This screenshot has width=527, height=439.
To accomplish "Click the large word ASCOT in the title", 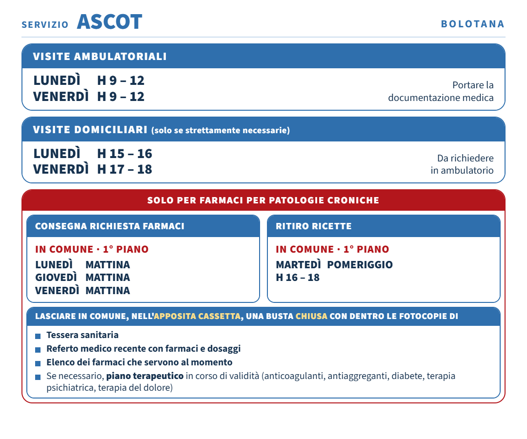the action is click(110, 22).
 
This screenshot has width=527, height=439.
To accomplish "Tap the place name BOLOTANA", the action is click(472, 24).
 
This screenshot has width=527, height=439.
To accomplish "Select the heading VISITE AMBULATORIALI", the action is click(100, 56).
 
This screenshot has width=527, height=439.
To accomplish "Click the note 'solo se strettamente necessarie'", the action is click(221, 130).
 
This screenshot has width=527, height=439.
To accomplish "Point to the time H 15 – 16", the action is click(125, 154).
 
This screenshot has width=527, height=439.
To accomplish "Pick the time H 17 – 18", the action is click(125, 169).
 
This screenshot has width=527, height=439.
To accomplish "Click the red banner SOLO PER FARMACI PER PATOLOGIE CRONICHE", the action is click(263, 200).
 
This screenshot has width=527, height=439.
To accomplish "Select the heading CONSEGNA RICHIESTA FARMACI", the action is click(110, 226).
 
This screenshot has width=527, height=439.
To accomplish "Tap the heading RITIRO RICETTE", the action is click(314, 226).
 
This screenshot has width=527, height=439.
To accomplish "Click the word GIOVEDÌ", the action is click(56, 278).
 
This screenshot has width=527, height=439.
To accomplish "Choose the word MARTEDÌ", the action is click(299, 265).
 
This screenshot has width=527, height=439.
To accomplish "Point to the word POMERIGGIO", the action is click(360, 265).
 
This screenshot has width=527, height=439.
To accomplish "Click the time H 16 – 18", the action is click(298, 278).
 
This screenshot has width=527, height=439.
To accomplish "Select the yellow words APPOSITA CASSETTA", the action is click(197, 316).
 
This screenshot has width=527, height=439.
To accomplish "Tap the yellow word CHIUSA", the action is click(311, 316).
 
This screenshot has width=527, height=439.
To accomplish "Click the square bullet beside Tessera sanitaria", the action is click(38, 336).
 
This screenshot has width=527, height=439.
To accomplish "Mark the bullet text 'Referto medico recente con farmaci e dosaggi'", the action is click(143, 349).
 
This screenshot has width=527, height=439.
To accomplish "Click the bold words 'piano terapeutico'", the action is click(145, 376).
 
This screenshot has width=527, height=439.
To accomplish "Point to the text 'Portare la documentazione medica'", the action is click(441, 91).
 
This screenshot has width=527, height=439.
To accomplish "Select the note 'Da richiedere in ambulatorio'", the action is click(462, 164).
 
